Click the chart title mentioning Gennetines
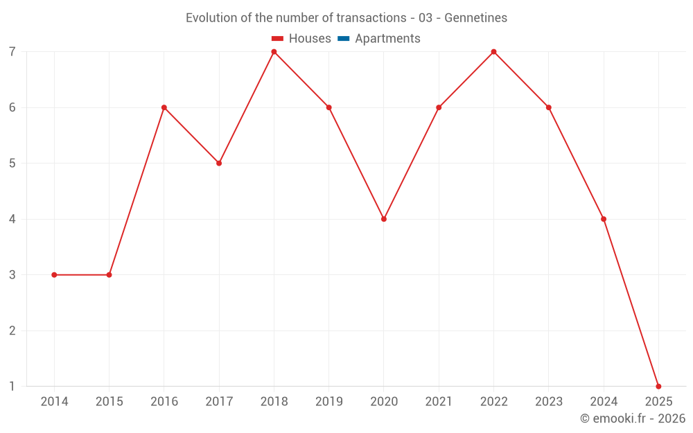click(x=346, y=18)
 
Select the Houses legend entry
click(x=309, y=39)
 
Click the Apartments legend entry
click(x=387, y=39)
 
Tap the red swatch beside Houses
click(x=278, y=39)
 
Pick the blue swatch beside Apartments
click(x=343, y=39)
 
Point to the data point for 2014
click(x=54, y=275)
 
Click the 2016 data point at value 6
click(x=164, y=107)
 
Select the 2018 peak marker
click(x=274, y=52)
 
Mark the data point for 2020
click(x=384, y=219)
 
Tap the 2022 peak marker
click(x=493, y=52)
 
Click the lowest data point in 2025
click(x=658, y=387)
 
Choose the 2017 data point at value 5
click(x=219, y=164)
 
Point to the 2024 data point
click(x=604, y=219)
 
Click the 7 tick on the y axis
click(x=12, y=52)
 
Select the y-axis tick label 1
click(x=12, y=387)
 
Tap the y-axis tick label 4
click(x=12, y=219)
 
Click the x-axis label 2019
click(x=329, y=402)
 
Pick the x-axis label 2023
click(x=549, y=402)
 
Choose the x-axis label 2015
click(x=109, y=402)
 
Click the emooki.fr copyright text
click(x=633, y=418)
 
